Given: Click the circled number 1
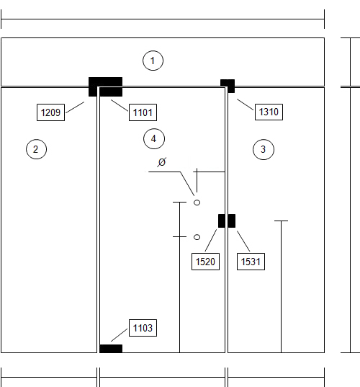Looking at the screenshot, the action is pos(153,61).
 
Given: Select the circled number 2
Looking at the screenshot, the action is pos(36,149).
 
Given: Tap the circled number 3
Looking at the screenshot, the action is pos(264,149).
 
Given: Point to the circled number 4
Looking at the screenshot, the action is pos(154,138).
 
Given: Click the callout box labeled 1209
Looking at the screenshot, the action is pos(51,112).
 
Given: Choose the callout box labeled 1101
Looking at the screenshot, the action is pos(143,112).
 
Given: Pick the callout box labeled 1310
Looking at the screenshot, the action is pos(269,112).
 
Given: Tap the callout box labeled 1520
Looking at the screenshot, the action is pos(205,262).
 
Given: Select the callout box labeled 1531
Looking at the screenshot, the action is pos(251,262).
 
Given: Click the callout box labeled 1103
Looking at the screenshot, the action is pos(143,328).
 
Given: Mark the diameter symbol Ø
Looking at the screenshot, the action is pos(162,162).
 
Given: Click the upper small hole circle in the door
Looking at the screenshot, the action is pos(197,203).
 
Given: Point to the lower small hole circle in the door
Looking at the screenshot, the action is pos(197,237).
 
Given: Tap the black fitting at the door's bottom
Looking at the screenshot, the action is pos(111,349).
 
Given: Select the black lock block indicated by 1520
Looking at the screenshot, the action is pos(222,221).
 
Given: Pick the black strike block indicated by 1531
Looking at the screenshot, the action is pos(232,221).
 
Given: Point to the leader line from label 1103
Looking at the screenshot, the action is pos(120,335).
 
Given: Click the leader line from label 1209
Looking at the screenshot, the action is pos(75,107).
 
